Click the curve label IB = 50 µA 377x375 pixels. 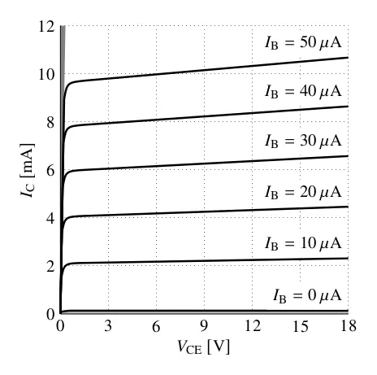pyautogui.click(x=303, y=43)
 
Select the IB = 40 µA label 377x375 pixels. pyautogui.click(x=303, y=91)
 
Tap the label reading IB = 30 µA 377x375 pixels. pyautogui.click(x=303, y=141)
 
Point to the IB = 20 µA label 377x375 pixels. pyautogui.click(x=303, y=192)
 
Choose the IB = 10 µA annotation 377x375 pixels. pyautogui.click(x=303, y=243)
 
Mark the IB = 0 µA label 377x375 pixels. pyautogui.click(x=307, y=295)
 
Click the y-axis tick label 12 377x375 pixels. pyautogui.click(x=46, y=27)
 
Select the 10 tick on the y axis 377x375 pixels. pyautogui.click(x=46, y=75)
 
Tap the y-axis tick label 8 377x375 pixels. pyautogui.click(x=50, y=123)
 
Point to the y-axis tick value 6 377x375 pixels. pyautogui.click(x=50, y=171)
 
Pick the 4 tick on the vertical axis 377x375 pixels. pyautogui.click(x=50, y=219)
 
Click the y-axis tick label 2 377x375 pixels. pyautogui.click(x=50, y=267)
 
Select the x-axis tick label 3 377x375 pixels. pyautogui.click(x=108, y=325)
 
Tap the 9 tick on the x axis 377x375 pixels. pyautogui.click(x=204, y=325)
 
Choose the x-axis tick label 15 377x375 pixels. pyautogui.click(x=300, y=325)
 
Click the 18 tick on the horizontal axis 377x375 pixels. pyautogui.click(x=348, y=325)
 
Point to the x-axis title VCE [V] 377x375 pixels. pyautogui.click(x=204, y=347)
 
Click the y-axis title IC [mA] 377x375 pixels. pyautogui.click(x=28, y=170)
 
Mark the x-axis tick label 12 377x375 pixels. pyautogui.click(x=253, y=325)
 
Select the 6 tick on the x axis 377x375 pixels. pyautogui.click(x=156, y=325)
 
